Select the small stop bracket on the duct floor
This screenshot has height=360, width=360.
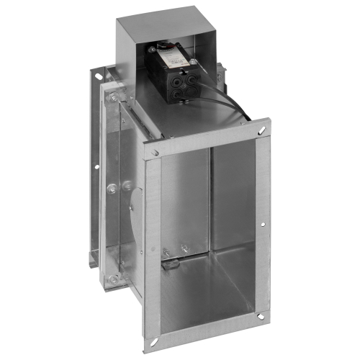[171, 262]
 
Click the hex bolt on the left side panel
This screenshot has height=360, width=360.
[111, 189]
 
